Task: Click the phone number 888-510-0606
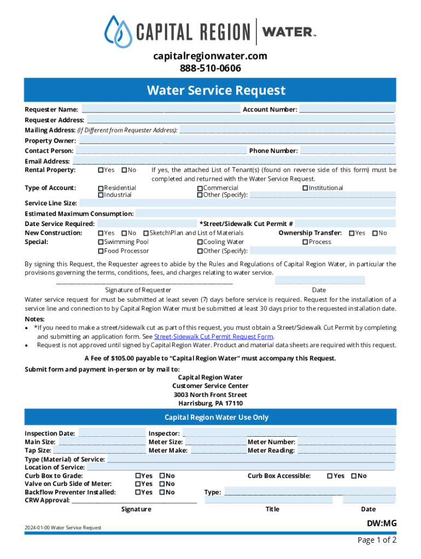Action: pos(210,68)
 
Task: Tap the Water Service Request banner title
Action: pos(216,90)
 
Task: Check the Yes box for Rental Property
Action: pos(101,170)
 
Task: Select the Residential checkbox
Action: pos(101,188)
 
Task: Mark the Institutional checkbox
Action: pos(305,188)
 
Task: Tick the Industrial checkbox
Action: pos(101,195)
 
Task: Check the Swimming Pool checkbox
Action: pos(101,242)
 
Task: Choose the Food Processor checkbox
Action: pos(101,251)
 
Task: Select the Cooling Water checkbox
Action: pos(200,242)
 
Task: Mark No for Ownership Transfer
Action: pos(375,233)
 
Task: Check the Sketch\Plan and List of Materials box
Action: pos(146,233)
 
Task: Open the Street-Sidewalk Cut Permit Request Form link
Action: pos(214,337)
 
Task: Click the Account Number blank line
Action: pos(347,110)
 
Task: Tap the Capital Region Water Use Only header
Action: pos(217,417)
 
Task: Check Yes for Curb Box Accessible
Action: pos(330,476)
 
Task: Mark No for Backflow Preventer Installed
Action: pos(162,492)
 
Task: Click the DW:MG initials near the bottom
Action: pos(381,524)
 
